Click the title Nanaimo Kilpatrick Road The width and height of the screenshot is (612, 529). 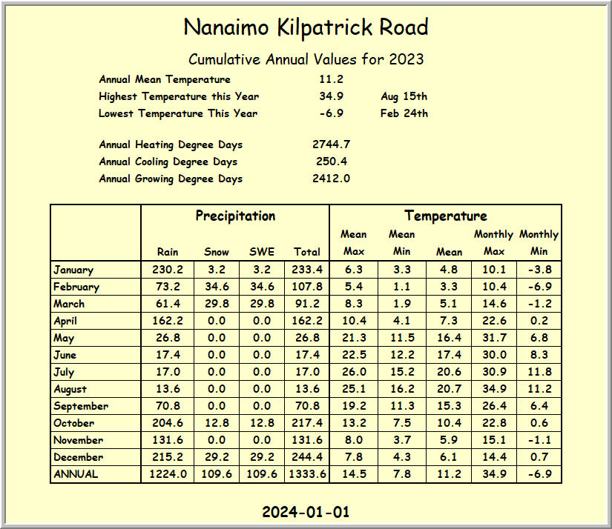pyautogui.click(x=306, y=28)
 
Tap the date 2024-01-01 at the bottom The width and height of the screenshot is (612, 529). pyautogui.click(x=306, y=512)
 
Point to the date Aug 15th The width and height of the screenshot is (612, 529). pyautogui.click(x=404, y=96)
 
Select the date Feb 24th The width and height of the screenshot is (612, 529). pyautogui.click(x=404, y=113)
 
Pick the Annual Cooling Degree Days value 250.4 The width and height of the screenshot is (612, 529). pyautogui.click(x=331, y=162)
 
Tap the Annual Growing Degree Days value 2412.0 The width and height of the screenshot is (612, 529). pyautogui.click(x=331, y=179)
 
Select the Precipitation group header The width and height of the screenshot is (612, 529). pyautogui.click(x=235, y=216)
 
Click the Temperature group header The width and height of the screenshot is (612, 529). pyautogui.click(x=445, y=216)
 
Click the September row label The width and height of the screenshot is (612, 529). pyautogui.click(x=81, y=406)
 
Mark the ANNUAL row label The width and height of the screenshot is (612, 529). pyautogui.click(x=75, y=474)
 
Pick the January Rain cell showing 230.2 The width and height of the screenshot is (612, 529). pyautogui.click(x=168, y=270)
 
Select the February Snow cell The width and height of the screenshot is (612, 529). pyautogui.click(x=215, y=287)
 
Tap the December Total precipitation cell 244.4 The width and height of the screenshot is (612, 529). pyautogui.click(x=306, y=457)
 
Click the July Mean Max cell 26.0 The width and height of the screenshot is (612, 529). pyautogui.click(x=354, y=372)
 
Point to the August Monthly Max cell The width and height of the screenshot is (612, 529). pyautogui.click(x=494, y=389)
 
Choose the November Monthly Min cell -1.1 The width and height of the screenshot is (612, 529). pyautogui.click(x=539, y=440)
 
